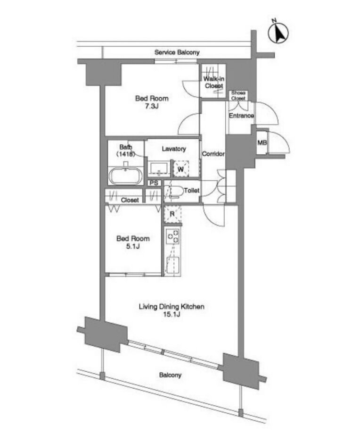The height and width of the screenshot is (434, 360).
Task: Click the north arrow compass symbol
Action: click(x=278, y=32)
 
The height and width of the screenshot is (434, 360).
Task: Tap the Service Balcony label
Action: click(x=177, y=52)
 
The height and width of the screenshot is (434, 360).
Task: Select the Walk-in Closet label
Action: click(x=214, y=82)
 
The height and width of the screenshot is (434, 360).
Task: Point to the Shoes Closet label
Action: click(x=238, y=95)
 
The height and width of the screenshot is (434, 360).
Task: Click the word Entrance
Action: click(x=241, y=116)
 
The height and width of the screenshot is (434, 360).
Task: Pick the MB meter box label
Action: click(x=262, y=143)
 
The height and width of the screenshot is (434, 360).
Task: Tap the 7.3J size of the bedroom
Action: click(x=152, y=106)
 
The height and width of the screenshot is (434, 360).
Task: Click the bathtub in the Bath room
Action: click(x=125, y=176)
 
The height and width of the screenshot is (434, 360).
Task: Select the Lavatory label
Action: click(x=174, y=149)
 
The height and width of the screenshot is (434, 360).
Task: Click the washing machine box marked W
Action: click(x=181, y=168)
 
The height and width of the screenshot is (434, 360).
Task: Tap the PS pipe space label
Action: click(x=154, y=183)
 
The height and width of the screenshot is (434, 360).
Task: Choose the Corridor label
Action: click(x=213, y=154)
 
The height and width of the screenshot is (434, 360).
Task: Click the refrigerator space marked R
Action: click(x=172, y=214)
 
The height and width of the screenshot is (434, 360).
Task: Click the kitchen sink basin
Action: click(x=173, y=265)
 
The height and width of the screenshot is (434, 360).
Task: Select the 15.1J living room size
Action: click(x=172, y=314)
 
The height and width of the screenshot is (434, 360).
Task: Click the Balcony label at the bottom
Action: click(x=170, y=375)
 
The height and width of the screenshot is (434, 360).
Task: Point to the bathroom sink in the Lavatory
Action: click(x=159, y=168)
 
